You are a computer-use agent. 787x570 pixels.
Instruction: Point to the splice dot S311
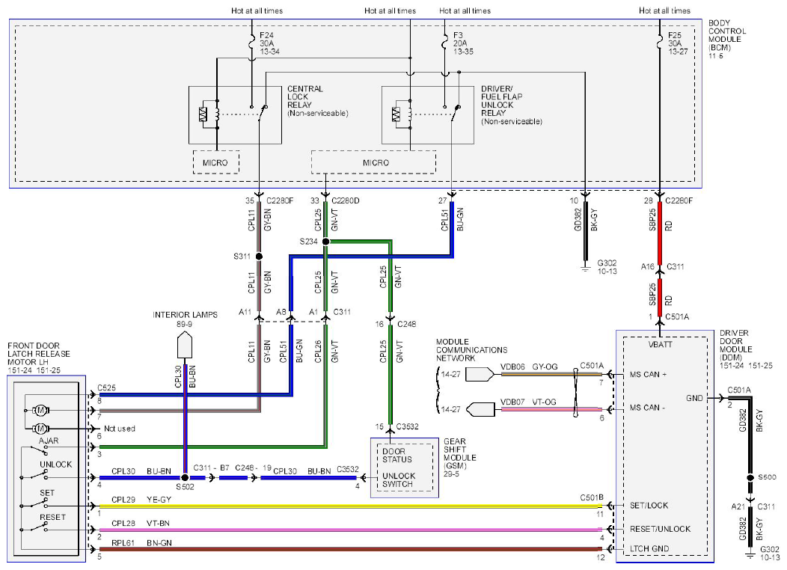point(259,257)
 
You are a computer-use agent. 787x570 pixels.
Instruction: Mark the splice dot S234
point(325,242)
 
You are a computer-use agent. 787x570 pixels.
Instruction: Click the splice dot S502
point(185,478)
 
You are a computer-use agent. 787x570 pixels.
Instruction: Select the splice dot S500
point(750,478)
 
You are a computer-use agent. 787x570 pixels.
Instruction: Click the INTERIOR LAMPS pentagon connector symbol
point(185,344)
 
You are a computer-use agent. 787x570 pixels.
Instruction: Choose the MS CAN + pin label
point(648,374)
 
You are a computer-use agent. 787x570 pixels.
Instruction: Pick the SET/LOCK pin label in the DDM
point(649,505)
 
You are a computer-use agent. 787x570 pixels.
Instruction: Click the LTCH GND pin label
point(649,548)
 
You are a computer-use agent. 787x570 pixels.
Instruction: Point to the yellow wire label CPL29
point(123,500)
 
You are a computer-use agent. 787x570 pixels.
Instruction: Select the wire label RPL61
point(123,543)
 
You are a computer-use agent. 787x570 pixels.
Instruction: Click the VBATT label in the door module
point(660,345)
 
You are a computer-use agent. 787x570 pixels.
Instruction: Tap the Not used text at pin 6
point(120,429)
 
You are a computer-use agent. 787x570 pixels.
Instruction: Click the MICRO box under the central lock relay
point(215,162)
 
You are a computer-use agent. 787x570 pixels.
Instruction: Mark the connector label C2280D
point(346,200)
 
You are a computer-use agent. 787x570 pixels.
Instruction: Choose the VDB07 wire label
point(512,402)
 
